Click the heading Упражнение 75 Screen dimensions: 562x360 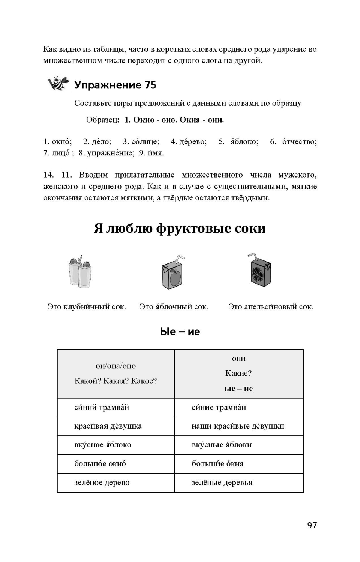115,85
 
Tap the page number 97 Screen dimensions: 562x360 312,525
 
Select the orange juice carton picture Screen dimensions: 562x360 260,271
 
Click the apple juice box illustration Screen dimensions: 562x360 173,272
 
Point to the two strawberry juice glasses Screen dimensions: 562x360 81,272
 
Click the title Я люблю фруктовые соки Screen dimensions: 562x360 180,228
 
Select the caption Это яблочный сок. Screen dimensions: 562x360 174,307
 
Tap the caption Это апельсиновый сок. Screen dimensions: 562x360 270,307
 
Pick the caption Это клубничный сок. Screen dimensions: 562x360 87,307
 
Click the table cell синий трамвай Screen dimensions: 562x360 115,407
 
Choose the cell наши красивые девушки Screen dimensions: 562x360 238,426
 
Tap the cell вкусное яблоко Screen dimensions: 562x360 115,445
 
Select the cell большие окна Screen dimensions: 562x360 238,464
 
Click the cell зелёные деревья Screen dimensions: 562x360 238,483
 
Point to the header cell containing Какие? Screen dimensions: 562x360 238,373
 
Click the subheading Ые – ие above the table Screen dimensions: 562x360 180,332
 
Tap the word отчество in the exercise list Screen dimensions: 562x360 299,142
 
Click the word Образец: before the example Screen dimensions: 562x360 102,120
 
